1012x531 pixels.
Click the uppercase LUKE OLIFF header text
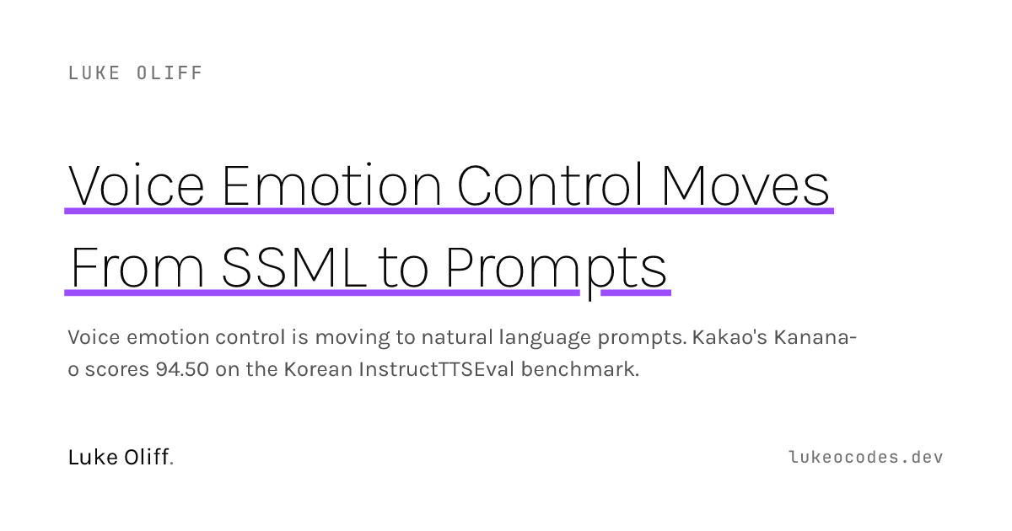click(135, 73)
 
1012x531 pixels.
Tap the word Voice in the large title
click(136, 185)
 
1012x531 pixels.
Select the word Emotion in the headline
click(331, 185)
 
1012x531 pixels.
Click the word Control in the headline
click(550, 185)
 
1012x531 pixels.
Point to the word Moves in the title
click(746, 185)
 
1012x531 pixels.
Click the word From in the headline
click(137, 267)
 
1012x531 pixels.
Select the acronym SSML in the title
click(293, 267)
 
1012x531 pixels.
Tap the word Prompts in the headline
click(556, 271)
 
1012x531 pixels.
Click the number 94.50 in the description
click(182, 369)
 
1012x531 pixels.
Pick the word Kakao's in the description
click(729, 337)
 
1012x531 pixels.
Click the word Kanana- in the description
click(815, 337)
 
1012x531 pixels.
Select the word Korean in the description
click(318, 369)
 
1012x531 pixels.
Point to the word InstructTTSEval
click(437, 369)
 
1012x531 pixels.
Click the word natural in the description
click(457, 337)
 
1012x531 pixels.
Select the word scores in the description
click(117, 370)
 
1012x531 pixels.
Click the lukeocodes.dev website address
click(866, 458)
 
